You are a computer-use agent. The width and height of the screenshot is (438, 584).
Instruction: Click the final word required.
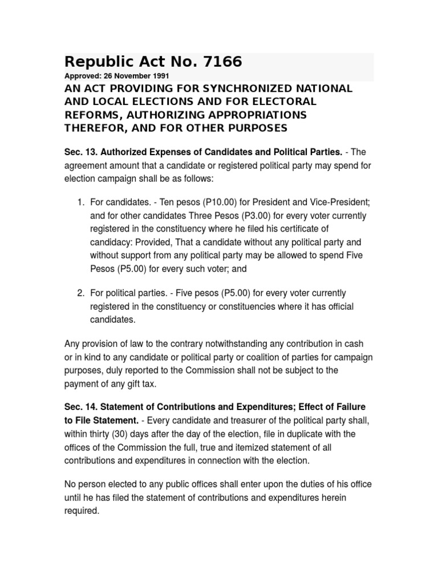(x=82, y=510)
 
